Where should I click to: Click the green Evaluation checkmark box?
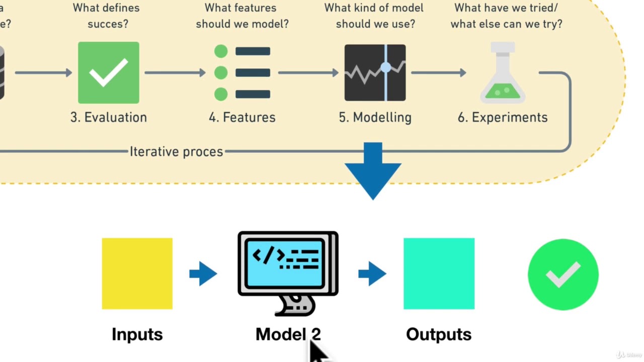(109, 73)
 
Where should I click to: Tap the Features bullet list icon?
(242, 73)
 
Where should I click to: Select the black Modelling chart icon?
(375, 73)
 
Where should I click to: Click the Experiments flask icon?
(503, 73)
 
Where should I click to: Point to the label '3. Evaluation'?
(109, 117)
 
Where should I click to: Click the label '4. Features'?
(242, 117)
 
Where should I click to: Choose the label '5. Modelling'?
(375, 117)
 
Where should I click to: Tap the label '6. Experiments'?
(503, 117)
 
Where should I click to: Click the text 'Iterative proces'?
(176, 151)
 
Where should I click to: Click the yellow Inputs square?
(137, 274)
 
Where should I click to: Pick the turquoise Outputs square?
(439, 274)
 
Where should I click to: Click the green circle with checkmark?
(563, 275)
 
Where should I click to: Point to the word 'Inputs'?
(137, 334)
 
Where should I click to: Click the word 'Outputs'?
(439, 334)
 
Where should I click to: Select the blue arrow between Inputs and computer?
(203, 274)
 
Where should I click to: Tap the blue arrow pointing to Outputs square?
(372, 274)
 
